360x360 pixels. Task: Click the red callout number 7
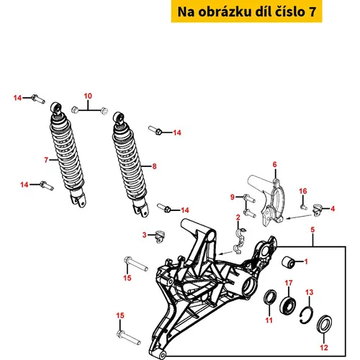pyautogui.click(x=46, y=160)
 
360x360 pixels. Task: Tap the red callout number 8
pyautogui.click(x=154, y=166)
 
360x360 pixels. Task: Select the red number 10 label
pyautogui.click(x=88, y=96)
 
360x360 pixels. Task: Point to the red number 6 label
pyautogui.click(x=274, y=164)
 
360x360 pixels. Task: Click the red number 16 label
pyautogui.click(x=303, y=191)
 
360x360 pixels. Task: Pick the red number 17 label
pyautogui.click(x=289, y=283)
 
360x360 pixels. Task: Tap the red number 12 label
pyautogui.click(x=324, y=347)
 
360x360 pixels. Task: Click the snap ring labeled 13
pyautogui.click(x=307, y=315)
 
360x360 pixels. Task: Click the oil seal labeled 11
pyautogui.click(x=270, y=297)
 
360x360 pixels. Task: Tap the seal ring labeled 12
pyautogui.click(x=325, y=324)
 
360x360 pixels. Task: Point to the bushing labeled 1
pyautogui.click(x=288, y=262)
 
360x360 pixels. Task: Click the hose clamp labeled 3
pyautogui.click(x=159, y=236)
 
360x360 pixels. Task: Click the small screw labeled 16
pyautogui.click(x=304, y=207)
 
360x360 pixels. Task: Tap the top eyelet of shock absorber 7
pyautogui.click(x=56, y=107)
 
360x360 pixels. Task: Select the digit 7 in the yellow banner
pyautogui.click(x=312, y=12)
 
